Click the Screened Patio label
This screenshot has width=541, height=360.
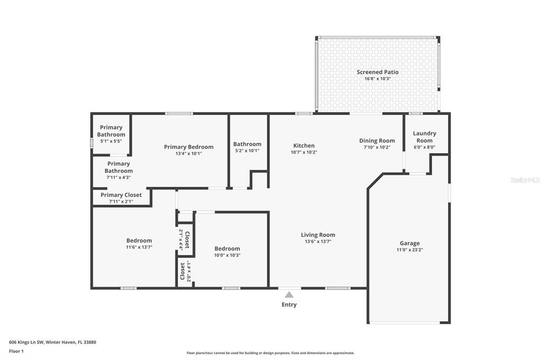coord(377,72)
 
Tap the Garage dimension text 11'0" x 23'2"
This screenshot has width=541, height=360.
coord(409,250)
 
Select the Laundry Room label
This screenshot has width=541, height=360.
coord(424,137)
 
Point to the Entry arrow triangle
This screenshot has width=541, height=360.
coord(289,295)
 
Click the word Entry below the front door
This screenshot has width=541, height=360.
coord(289,305)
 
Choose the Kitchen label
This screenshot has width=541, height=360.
coord(304,146)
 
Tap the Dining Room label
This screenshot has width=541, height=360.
coord(377,140)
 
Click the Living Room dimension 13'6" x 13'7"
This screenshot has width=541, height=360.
coord(318,241)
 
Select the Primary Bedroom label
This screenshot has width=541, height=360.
coord(189,147)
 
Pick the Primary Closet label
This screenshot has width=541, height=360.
coord(121,195)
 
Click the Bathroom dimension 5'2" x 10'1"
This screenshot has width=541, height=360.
coord(247,150)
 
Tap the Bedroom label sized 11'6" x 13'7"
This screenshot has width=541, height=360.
coord(139,241)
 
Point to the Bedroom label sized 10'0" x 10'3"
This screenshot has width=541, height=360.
coord(227,249)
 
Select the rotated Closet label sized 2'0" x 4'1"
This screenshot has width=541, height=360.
coord(183,271)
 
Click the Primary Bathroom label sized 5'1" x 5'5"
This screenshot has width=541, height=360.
coord(111,131)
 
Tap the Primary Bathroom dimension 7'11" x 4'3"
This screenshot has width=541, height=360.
coord(118,177)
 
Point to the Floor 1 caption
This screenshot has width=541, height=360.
coord(16,351)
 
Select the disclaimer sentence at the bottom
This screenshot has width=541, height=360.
coord(270,353)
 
